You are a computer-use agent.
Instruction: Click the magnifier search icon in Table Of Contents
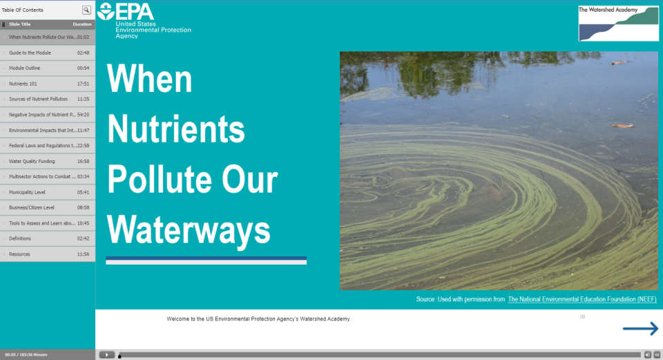tap(86, 10)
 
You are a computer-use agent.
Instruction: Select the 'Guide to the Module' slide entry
tap(30, 53)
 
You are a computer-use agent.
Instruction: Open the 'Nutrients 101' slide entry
tap(23, 84)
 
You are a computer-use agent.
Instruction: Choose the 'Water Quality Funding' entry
tap(32, 161)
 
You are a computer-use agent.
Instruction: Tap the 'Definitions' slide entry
tap(20, 238)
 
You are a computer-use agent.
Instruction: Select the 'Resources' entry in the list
tap(19, 254)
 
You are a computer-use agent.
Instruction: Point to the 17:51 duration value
tap(84, 84)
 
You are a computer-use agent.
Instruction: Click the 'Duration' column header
tap(82, 24)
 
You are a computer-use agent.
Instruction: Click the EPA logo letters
tap(135, 12)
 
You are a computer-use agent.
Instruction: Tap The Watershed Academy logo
tap(618, 23)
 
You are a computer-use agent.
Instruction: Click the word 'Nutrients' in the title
tap(176, 129)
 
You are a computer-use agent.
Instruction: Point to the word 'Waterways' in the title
tap(189, 228)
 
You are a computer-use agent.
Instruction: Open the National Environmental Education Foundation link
tap(582, 299)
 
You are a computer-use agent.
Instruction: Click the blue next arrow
tap(640, 329)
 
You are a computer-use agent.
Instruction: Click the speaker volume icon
tap(648, 354)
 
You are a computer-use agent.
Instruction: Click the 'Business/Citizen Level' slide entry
tap(32, 207)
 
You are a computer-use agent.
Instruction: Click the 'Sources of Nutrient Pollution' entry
tap(39, 99)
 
